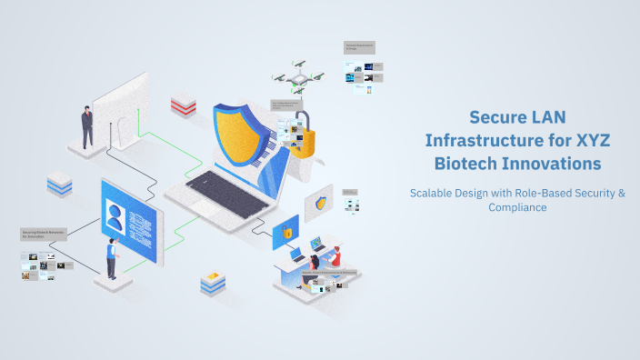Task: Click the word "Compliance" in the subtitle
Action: (515, 207)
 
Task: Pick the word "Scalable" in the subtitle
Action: (434, 193)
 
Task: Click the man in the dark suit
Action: (87, 126)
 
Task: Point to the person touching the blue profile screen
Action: (111, 257)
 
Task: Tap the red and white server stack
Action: (183, 105)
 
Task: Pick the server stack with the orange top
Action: (212, 283)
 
